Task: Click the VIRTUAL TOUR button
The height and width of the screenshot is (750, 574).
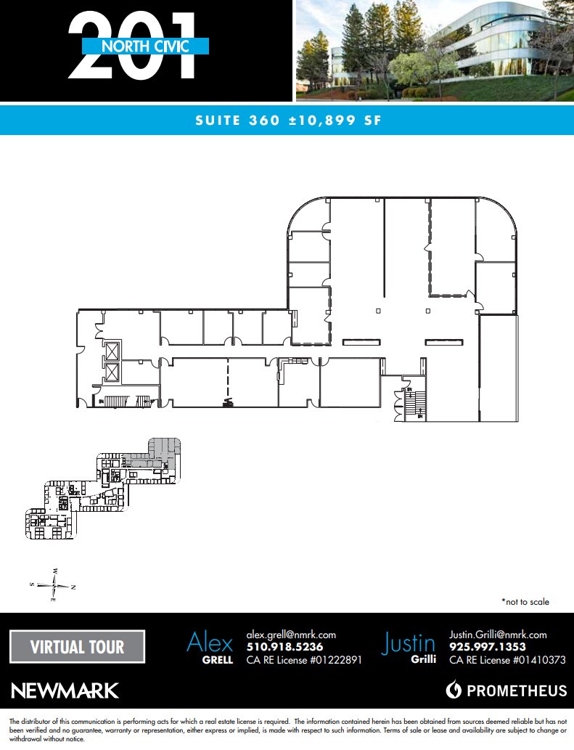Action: click(x=77, y=646)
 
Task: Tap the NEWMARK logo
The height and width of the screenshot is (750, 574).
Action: click(x=65, y=690)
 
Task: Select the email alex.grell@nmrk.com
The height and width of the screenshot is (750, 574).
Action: click(x=291, y=634)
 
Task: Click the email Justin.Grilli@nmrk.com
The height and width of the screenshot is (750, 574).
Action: click(x=498, y=634)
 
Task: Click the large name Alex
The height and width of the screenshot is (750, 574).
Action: click(x=210, y=642)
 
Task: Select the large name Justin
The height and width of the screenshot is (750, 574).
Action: click(x=409, y=643)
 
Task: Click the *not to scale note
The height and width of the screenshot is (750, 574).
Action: click(x=525, y=602)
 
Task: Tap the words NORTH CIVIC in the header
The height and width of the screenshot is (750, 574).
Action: click(x=146, y=46)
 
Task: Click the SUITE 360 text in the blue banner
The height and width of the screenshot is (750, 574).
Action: click(x=237, y=121)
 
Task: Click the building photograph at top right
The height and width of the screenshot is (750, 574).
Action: click(x=434, y=50)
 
